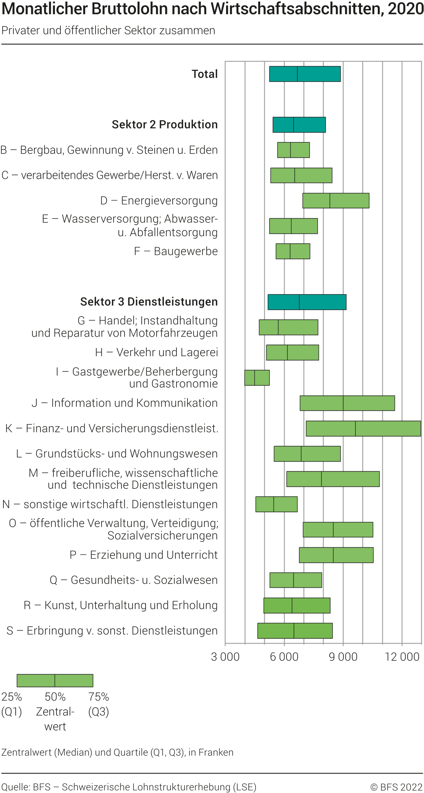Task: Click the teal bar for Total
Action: click(x=304, y=74)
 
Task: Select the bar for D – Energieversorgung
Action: click(x=336, y=201)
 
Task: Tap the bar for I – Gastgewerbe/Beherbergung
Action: click(x=257, y=378)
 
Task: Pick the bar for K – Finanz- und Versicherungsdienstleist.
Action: click(x=363, y=428)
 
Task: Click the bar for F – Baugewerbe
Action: click(x=293, y=251)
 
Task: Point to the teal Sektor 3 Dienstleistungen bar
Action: click(x=307, y=302)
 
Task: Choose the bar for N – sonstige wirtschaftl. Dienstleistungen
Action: click(x=276, y=504)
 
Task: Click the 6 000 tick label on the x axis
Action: click(x=284, y=657)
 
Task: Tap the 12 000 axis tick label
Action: click(x=402, y=657)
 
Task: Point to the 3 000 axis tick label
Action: click(x=225, y=657)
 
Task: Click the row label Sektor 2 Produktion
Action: click(x=165, y=125)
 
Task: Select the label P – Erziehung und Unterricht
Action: click(x=144, y=555)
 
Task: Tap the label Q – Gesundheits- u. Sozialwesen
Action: click(x=134, y=580)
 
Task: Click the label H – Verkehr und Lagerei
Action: click(x=156, y=352)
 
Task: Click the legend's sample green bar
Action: click(x=55, y=681)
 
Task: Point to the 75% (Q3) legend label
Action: click(x=99, y=704)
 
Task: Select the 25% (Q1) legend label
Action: click(x=11, y=704)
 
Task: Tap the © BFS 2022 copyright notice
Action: click(x=396, y=787)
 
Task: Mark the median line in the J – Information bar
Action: click(x=343, y=403)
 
